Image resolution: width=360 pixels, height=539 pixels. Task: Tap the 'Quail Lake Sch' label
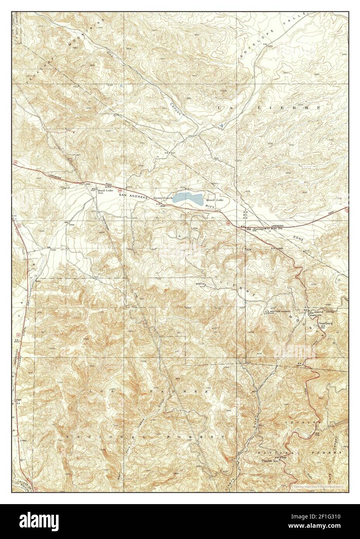[107, 192]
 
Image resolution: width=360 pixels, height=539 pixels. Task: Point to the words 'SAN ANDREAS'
[134, 197]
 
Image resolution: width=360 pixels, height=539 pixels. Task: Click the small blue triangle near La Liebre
[221, 126]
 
